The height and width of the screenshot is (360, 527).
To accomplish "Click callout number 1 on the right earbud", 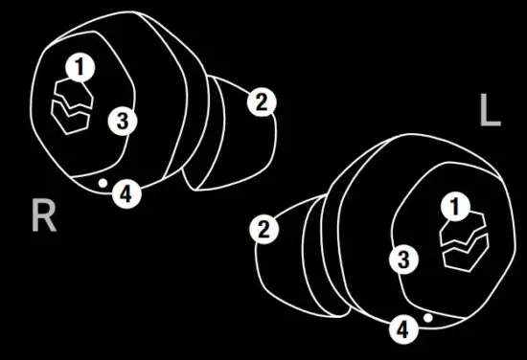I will tap(81, 66).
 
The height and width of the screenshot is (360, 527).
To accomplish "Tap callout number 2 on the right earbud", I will tap(260, 101).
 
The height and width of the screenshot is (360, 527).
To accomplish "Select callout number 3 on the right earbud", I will tap(121, 120).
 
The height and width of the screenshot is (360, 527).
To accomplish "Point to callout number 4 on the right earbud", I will tap(126, 193).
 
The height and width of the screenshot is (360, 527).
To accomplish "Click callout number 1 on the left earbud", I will tap(454, 206).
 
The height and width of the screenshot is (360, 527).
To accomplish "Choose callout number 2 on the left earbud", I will tap(262, 229).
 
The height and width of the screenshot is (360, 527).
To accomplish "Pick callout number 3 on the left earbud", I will tap(404, 259).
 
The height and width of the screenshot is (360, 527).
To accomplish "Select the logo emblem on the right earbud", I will tap(71, 105).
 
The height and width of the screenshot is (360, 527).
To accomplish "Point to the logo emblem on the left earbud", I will tap(464, 244).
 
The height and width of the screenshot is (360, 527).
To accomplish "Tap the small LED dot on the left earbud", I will tap(427, 315).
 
